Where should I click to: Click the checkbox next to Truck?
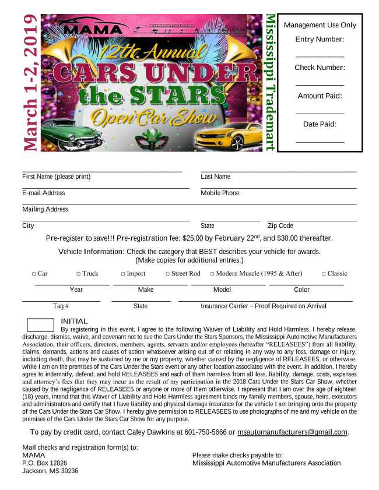79,274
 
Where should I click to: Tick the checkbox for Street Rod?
168,274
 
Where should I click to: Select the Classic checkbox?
324,274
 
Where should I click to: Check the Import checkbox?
123,274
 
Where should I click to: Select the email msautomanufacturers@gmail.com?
293,432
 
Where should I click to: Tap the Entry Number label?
320,40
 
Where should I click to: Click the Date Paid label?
320,124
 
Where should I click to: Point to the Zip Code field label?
280,226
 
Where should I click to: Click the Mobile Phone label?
220,193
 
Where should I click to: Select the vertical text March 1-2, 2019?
31,83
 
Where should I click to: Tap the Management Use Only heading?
320,25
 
